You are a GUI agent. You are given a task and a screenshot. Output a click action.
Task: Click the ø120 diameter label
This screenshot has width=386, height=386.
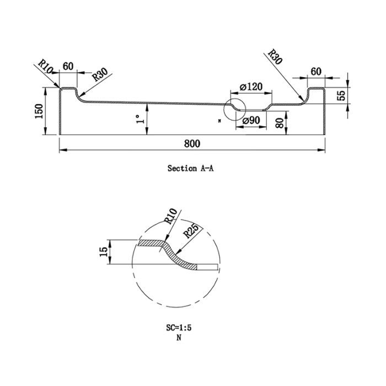coord(251,87)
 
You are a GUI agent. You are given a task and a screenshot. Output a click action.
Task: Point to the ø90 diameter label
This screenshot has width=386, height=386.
coord(250,121)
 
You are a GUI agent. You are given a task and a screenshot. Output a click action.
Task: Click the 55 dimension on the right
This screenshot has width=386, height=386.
coord(341,94)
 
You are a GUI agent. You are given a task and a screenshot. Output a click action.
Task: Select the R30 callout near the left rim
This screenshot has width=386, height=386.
coord(100,76)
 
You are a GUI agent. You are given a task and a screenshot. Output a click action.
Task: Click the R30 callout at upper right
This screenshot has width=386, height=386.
coord(275,57)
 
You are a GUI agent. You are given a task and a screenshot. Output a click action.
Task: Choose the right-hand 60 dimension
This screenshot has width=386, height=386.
coord(316,71)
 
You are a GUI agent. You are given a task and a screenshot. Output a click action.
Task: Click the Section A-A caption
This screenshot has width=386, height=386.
coord(191,168)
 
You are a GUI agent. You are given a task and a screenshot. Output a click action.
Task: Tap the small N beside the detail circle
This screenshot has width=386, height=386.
coord(220,120)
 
